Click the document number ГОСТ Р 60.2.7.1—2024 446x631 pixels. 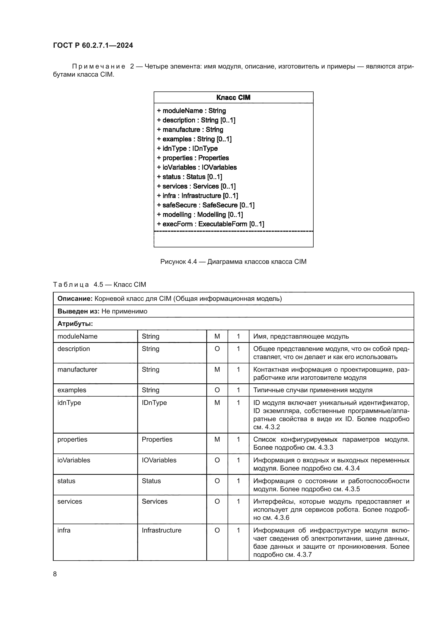point(93,45)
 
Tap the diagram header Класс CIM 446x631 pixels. point(233,98)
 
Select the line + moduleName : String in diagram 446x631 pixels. point(191,111)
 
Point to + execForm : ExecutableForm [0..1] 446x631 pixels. point(210,224)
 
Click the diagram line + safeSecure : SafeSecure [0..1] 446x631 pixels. point(206,205)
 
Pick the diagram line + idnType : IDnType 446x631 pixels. point(187,148)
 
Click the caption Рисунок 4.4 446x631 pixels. point(179,262)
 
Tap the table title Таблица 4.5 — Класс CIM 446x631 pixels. point(100,284)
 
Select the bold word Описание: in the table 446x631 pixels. point(75,299)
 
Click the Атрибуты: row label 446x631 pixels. point(75,324)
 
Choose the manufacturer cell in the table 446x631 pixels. point(77,369)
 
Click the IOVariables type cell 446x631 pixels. point(159,460)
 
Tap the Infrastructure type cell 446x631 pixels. point(162,530)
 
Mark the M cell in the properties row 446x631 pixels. point(217,439)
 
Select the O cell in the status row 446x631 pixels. point(217,481)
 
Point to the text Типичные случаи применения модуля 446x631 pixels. point(313,390)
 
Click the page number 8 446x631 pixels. point(55,574)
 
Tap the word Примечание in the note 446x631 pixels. point(99,67)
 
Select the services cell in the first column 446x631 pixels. point(70,501)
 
